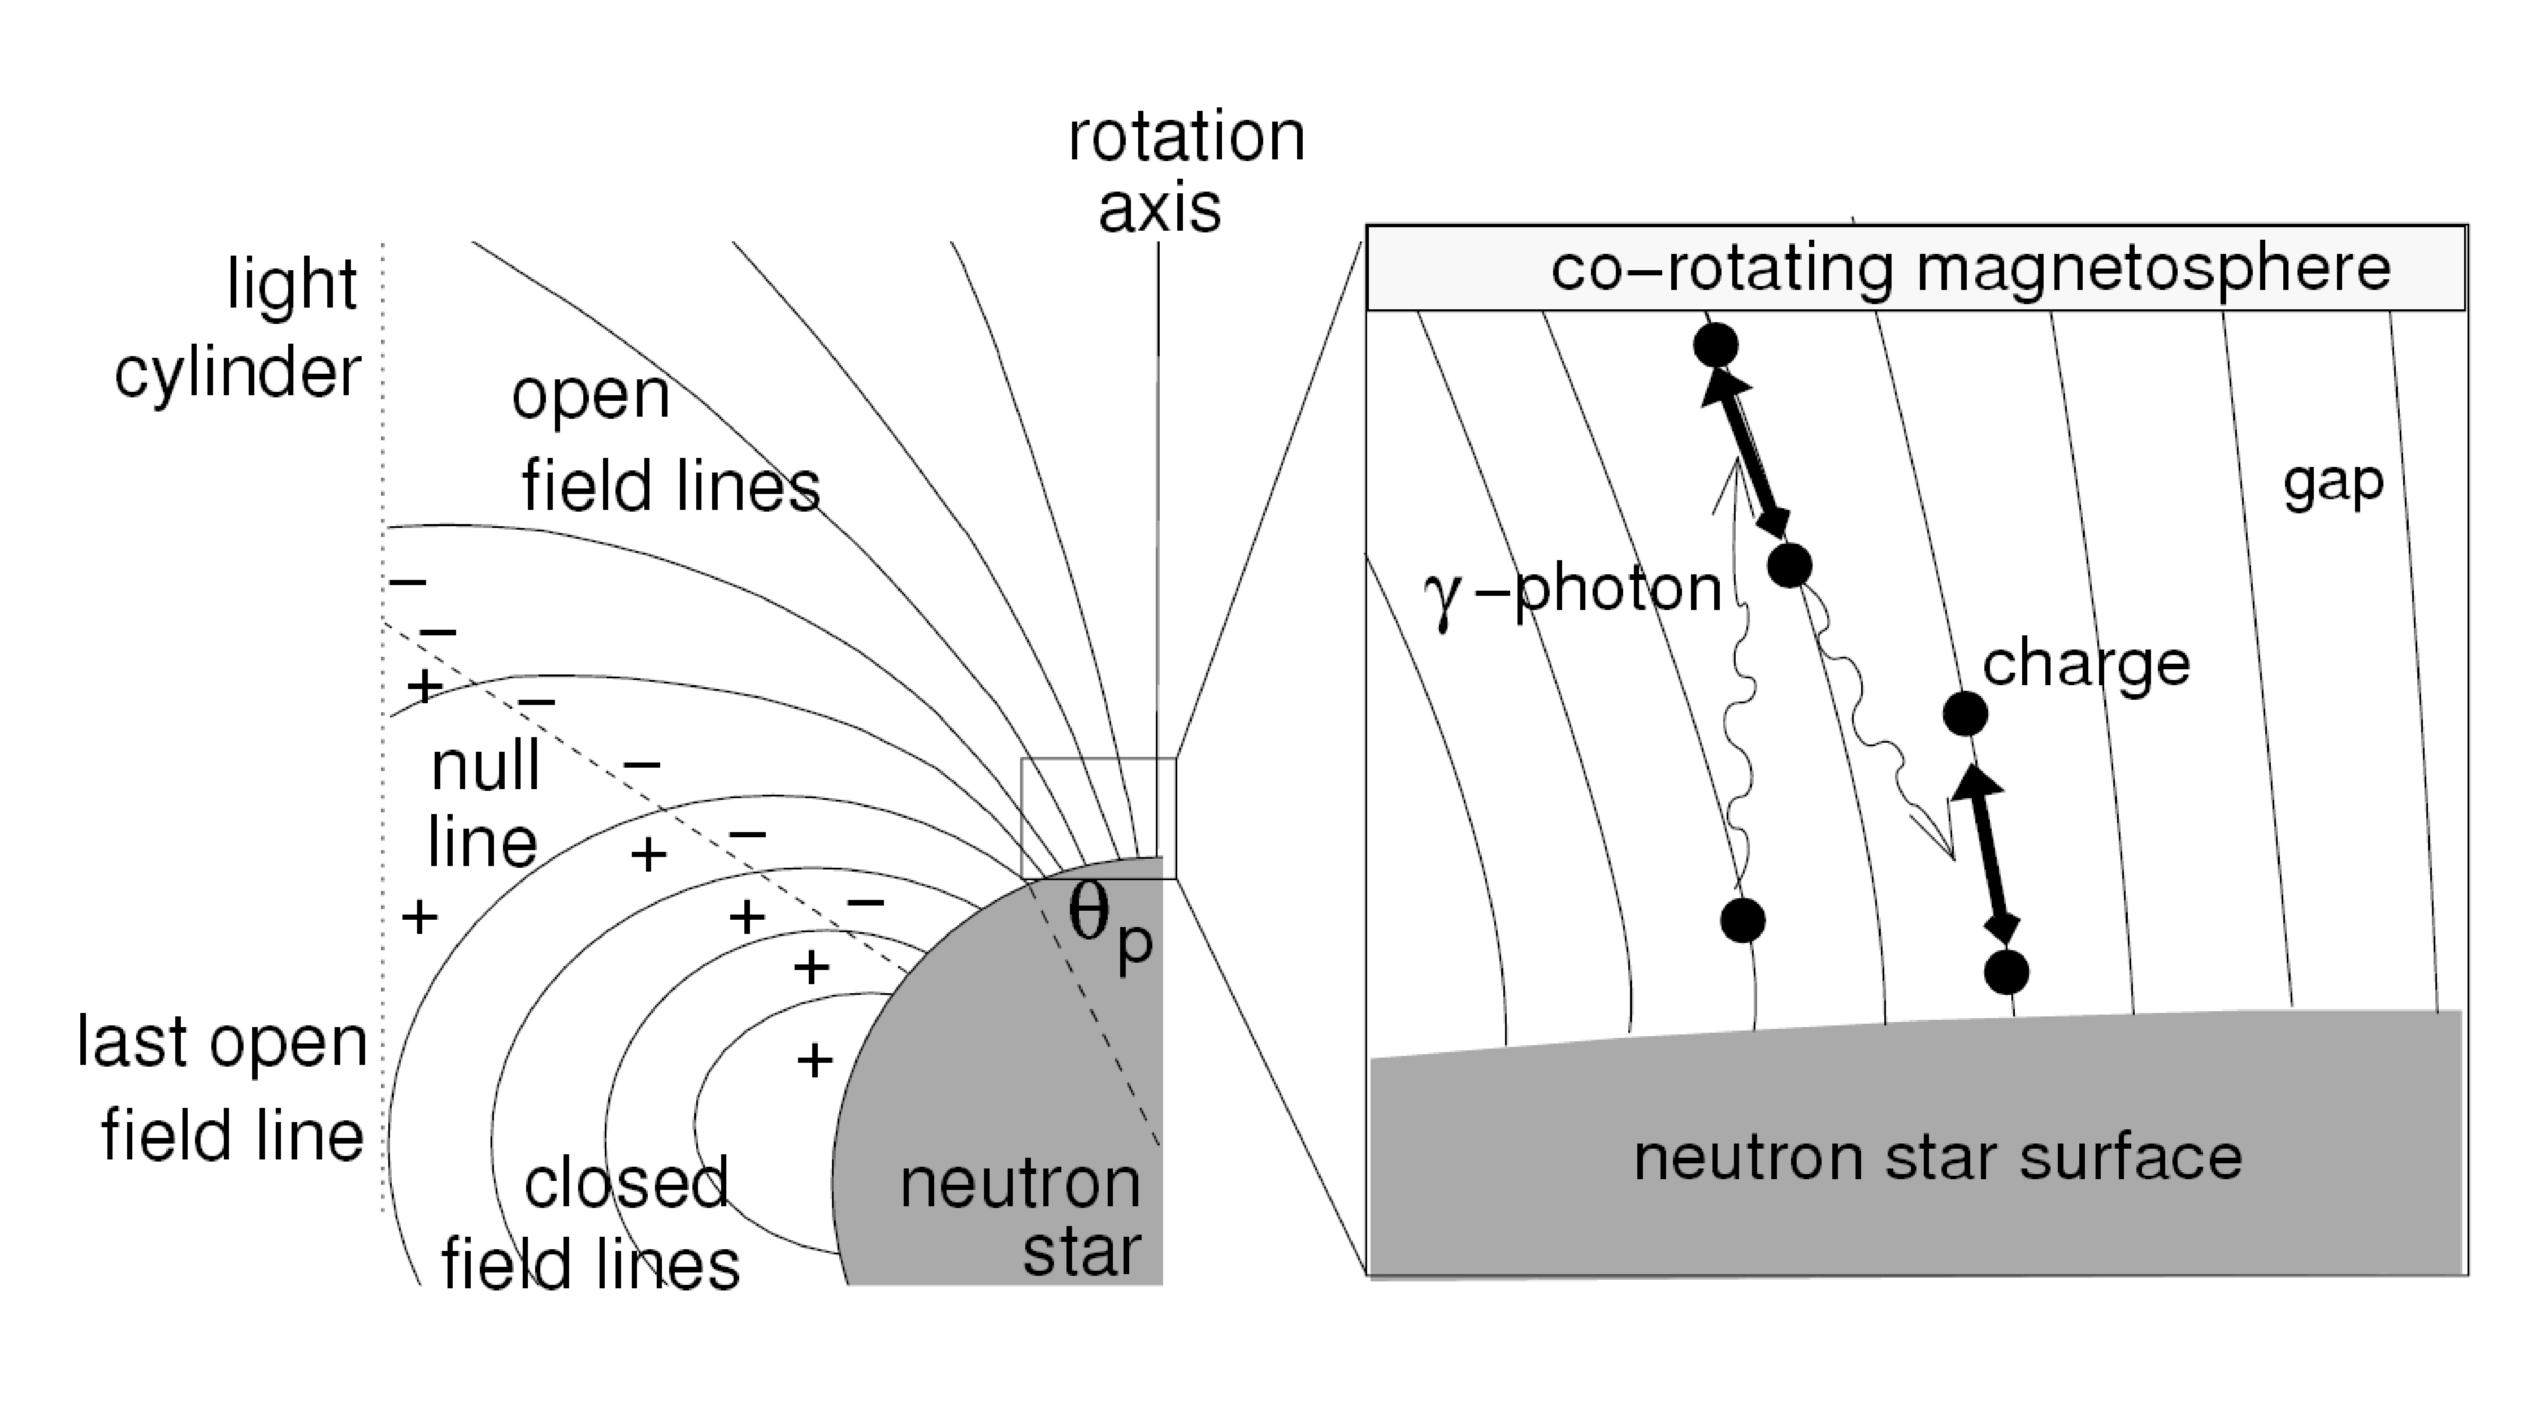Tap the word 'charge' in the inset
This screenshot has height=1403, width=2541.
[x=2086, y=663]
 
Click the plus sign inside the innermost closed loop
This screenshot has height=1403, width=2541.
[x=814, y=1061]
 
